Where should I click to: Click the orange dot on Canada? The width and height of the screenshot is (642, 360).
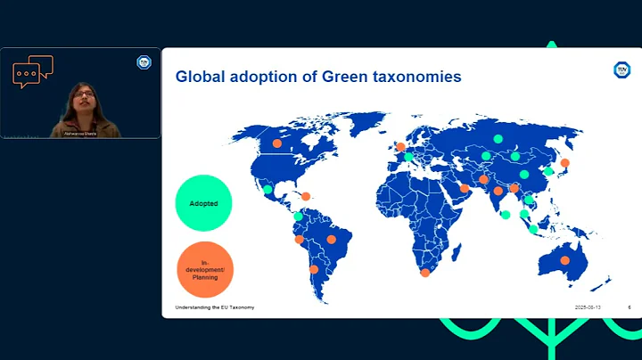tap(276, 143)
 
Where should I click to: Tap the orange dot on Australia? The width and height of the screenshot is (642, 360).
tap(564, 260)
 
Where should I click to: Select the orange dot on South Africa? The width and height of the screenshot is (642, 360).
tap(425, 273)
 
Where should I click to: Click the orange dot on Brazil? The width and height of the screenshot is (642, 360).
tap(332, 239)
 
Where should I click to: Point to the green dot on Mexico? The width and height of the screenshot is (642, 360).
tap(267, 189)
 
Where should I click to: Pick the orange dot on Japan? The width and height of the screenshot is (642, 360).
tap(564, 163)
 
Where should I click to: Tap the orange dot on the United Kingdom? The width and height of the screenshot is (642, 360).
tap(401, 147)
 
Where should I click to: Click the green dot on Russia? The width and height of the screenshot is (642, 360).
tap(498, 139)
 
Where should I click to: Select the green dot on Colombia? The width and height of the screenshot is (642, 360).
tap(298, 217)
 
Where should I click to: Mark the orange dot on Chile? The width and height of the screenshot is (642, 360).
tap(313, 269)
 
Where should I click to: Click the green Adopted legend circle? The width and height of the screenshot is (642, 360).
tap(204, 203)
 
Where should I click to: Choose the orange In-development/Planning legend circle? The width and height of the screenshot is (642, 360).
tap(204, 269)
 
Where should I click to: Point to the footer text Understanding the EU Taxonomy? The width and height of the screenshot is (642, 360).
tap(214, 307)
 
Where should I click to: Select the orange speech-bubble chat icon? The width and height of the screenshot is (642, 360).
tap(33, 71)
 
